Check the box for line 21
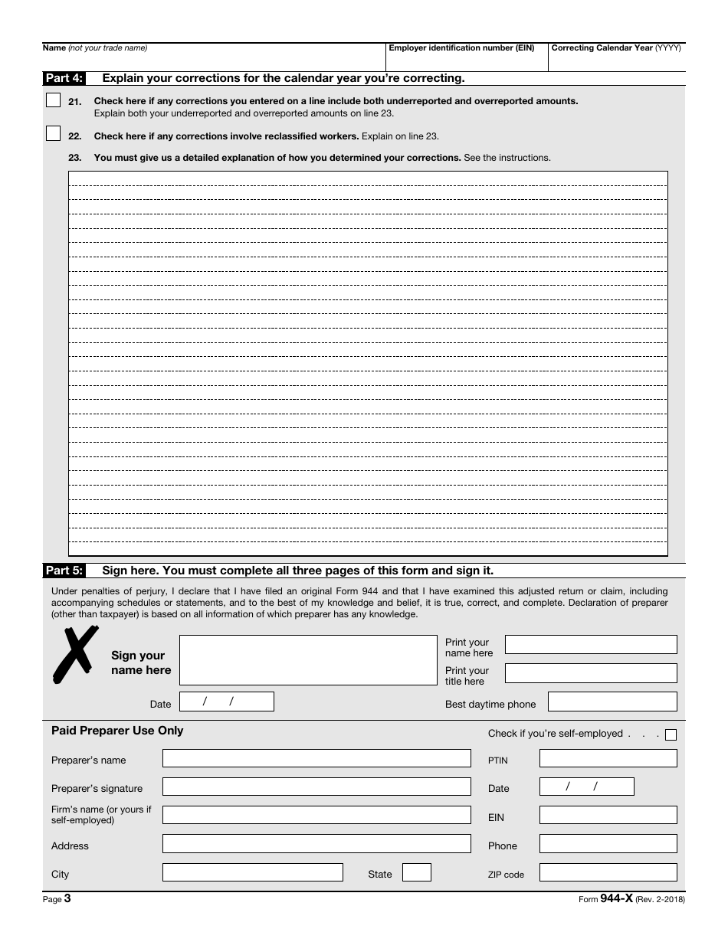[53, 100]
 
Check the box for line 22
[53, 133]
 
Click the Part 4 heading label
[64, 78]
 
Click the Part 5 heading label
[64, 571]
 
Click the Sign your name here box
[307, 660]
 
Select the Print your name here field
[591, 644]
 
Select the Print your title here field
[591, 673]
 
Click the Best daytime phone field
[612, 702]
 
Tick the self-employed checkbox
[671, 735]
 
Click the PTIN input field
[608, 758]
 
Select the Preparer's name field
[316, 758]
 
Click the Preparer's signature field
[316, 787]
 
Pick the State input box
[417, 872]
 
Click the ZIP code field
[608, 872]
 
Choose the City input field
[252, 872]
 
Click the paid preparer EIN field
[608, 815]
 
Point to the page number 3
[67, 900]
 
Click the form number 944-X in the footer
[616, 900]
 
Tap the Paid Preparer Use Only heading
[117, 731]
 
